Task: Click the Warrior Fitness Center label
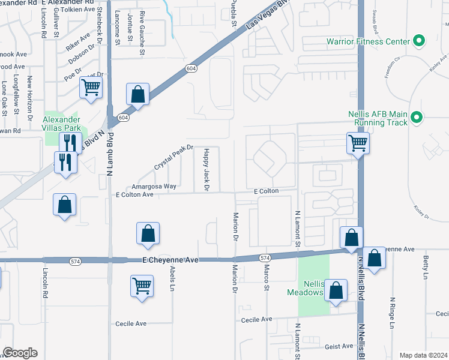pyautogui.click(x=368, y=42)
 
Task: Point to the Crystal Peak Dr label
pyautogui.click(x=173, y=156)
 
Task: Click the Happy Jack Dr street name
pyautogui.click(x=206, y=170)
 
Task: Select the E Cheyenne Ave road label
pyautogui.click(x=170, y=260)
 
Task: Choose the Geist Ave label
pyautogui.click(x=340, y=346)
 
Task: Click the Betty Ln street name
pyautogui.click(x=425, y=268)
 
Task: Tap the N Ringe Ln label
pyautogui.click(x=392, y=312)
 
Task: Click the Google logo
pyautogui.click(x=20, y=353)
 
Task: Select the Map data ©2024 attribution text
pyautogui.click(x=424, y=355)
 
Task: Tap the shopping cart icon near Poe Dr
pyautogui.click(x=91, y=88)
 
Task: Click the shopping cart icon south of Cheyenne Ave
pyautogui.click(x=142, y=286)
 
